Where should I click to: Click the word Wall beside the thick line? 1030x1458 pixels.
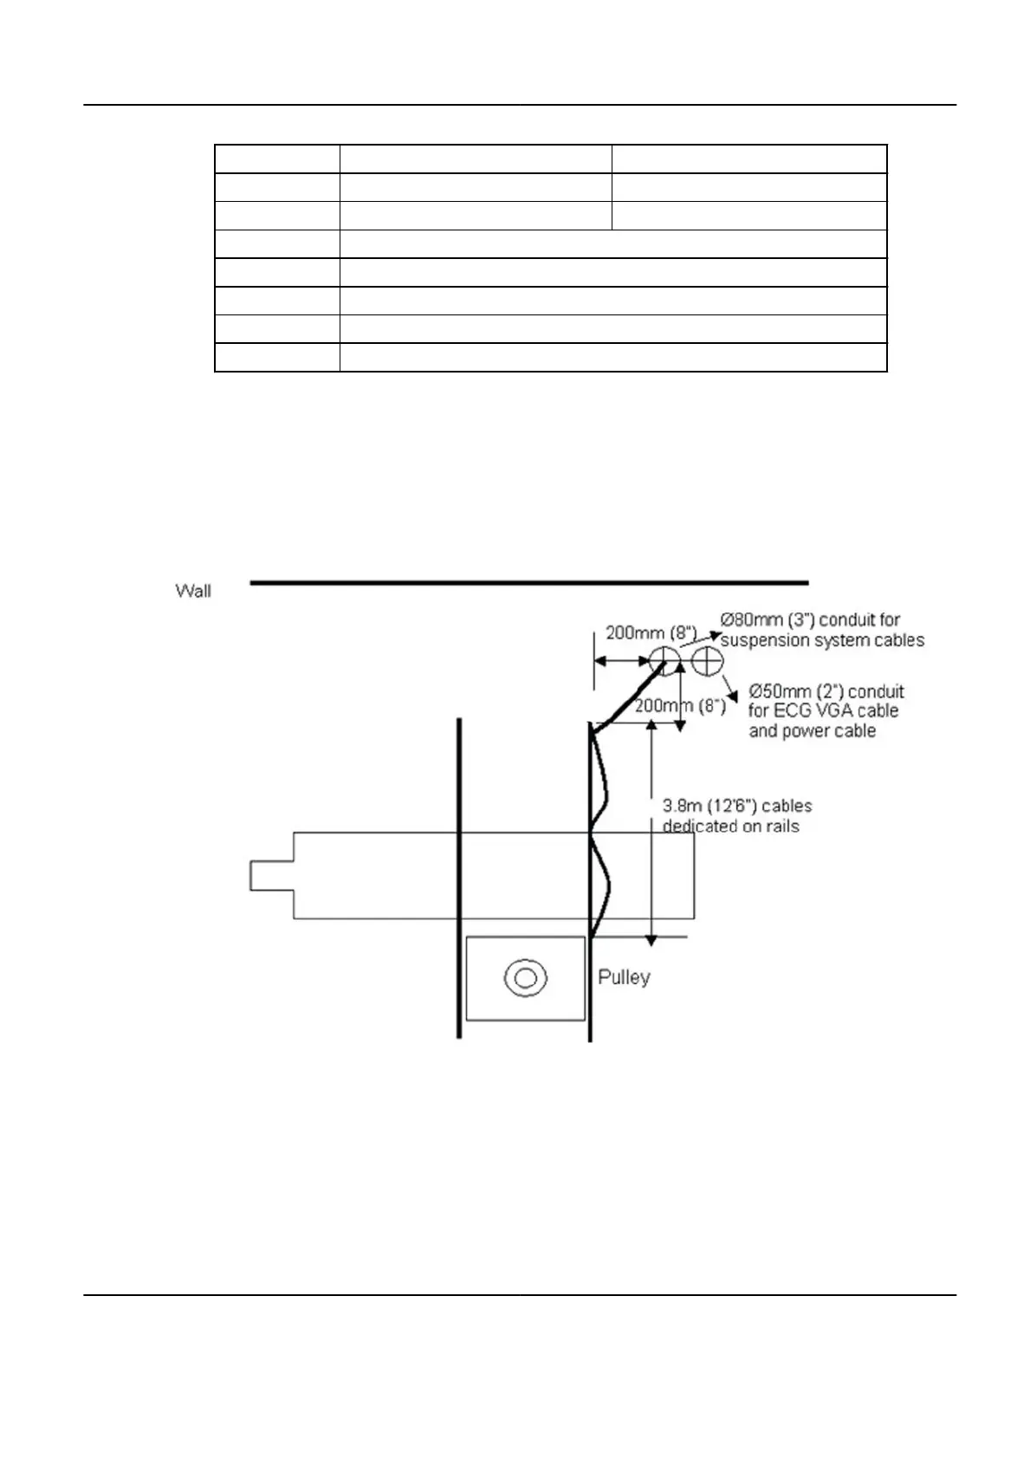click(192, 591)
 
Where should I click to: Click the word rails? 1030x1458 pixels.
click(781, 826)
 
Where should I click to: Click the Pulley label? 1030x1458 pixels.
click(624, 977)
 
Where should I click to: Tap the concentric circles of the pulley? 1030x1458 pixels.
click(525, 978)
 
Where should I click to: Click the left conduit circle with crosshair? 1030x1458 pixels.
click(664, 661)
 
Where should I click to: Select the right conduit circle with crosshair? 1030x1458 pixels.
click(708, 661)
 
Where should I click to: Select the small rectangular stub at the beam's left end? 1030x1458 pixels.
click(271, 875)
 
